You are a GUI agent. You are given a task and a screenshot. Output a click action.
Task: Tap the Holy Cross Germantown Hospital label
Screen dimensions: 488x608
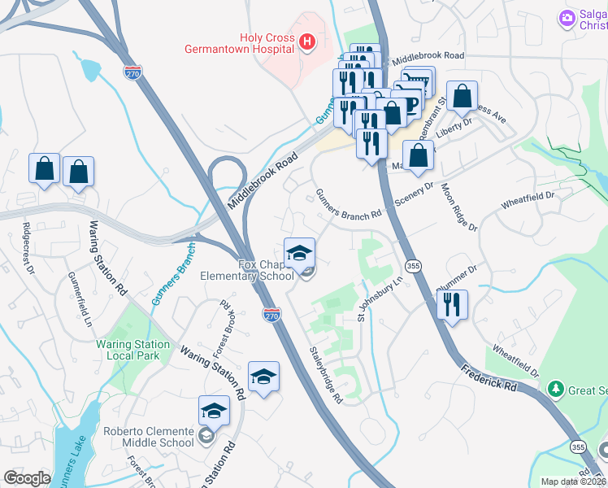(266, 43)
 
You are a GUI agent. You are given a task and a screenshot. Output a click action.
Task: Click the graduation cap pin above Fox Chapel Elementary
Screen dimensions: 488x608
(299, 252)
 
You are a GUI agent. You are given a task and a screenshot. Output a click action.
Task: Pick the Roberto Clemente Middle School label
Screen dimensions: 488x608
(148, 436)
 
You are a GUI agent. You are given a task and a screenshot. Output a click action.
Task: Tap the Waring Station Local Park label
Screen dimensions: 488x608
(133, 350)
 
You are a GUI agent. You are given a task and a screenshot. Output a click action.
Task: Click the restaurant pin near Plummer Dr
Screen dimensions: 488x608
(451, 305)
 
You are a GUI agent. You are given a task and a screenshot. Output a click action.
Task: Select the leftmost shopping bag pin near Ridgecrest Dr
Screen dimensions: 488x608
(45, 169)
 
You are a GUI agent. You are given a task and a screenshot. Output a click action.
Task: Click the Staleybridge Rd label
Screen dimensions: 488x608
(326, 376)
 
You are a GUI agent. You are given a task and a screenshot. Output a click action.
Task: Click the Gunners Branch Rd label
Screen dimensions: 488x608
(348, 204)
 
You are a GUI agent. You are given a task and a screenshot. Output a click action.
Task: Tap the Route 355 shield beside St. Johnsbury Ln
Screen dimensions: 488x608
(413, 266)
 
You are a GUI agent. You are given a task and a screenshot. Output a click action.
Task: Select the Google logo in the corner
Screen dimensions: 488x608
(27, 478)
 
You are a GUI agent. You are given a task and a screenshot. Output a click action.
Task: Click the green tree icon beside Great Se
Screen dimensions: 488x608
(556, 390)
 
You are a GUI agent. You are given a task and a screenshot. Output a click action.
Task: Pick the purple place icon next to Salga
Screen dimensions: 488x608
(567, 17)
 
